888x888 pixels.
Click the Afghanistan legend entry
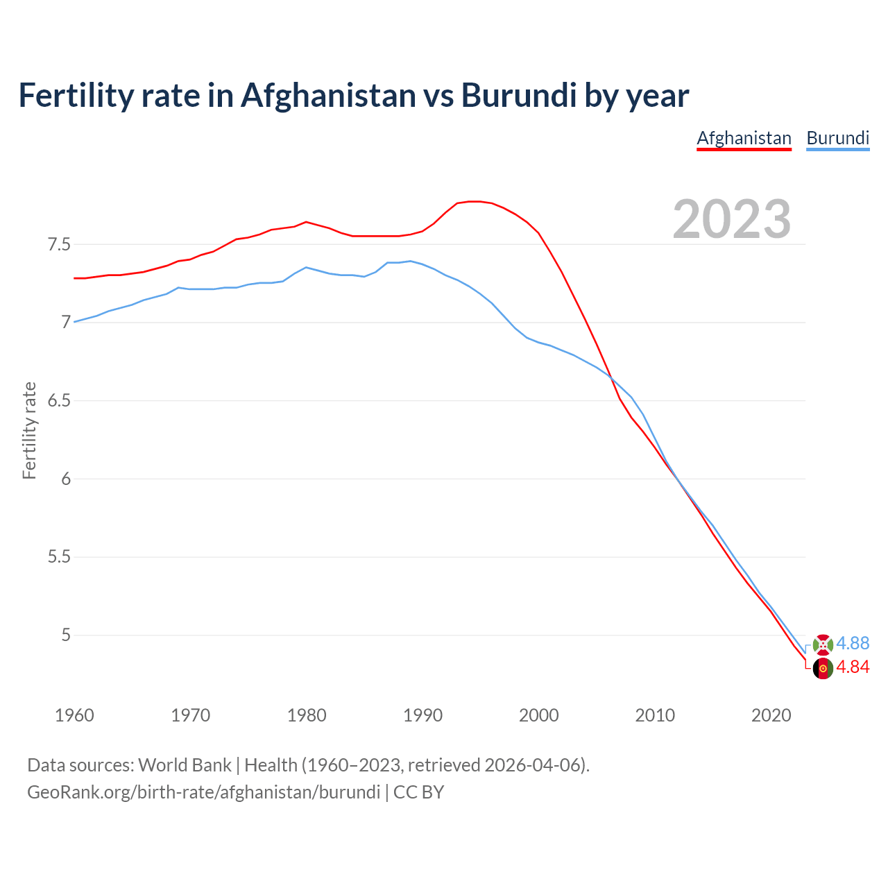pos(744,138)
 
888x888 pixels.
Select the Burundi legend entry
pos(837,138)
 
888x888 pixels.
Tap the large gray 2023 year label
pos(732,219)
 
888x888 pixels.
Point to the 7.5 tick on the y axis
pos(59,245)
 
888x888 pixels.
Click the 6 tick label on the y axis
pos(67,479)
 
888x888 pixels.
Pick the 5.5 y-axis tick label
pos(59,557)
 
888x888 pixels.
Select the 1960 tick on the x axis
pos(74,715)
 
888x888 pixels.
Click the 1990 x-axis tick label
pos(422,715)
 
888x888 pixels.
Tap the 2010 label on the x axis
pos(655,715)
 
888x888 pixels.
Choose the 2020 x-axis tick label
pos(771,715)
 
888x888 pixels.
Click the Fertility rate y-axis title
pos(29,430)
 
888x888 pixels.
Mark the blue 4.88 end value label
pos(853,643)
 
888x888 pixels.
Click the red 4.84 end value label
pos(853,667)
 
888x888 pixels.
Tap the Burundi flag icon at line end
pos(823,644)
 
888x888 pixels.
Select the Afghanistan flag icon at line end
pos(823,669)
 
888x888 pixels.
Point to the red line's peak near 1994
pos(475,201)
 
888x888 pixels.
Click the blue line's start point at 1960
pos(75,321)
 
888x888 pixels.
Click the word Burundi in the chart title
pos(518,95)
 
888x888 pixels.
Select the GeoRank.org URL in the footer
pos(203,792)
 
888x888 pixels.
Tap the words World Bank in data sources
pos(185,765)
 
